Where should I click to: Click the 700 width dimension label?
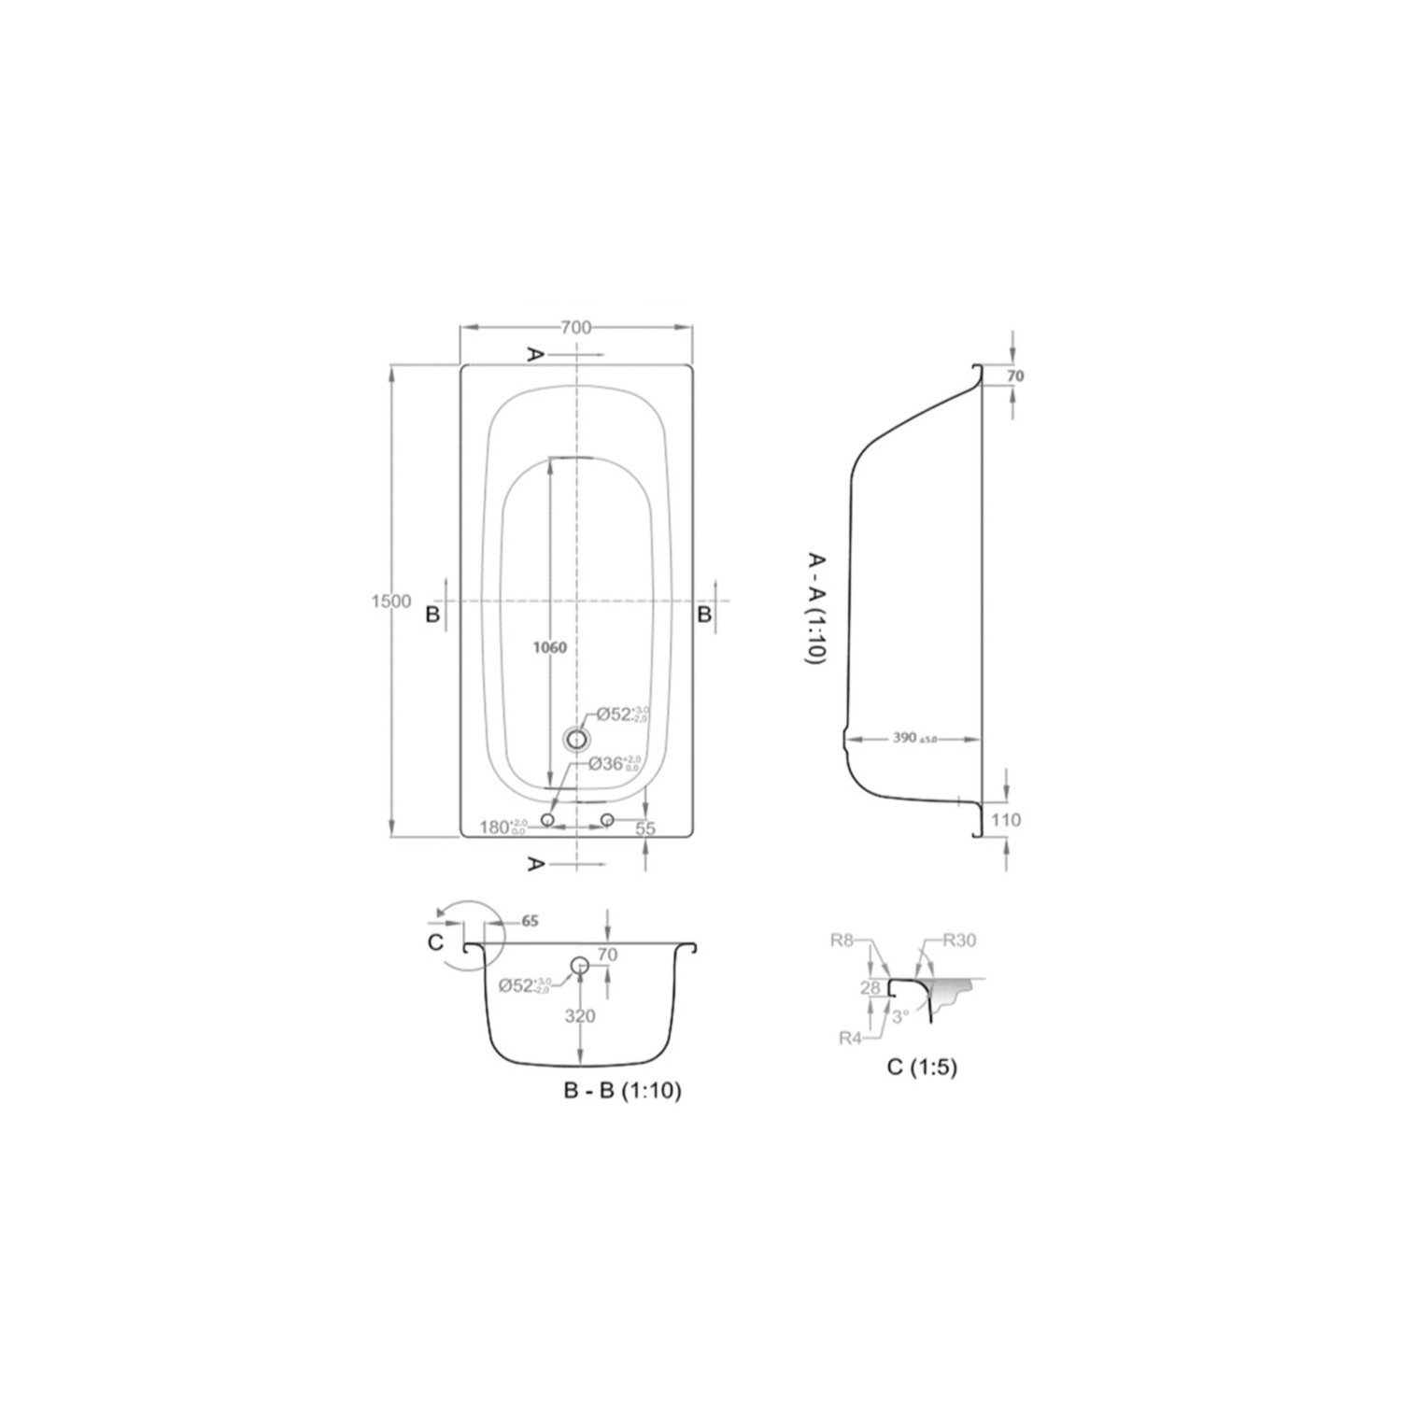576,327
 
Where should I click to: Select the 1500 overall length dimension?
390,601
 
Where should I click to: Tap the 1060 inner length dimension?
550,647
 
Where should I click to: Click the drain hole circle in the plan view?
577,740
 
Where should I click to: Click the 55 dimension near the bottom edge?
645,828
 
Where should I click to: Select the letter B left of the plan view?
432,615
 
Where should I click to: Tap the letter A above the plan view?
535,354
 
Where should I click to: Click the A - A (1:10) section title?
814,608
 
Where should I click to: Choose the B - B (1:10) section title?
622,1090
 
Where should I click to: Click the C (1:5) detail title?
922,1067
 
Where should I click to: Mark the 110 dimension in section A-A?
1005,820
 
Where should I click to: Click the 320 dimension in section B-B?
579,1016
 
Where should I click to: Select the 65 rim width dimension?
530,921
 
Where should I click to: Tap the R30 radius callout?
958,941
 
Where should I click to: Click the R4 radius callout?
850,1037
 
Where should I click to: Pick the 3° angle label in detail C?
899,1017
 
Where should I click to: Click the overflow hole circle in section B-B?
580,966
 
